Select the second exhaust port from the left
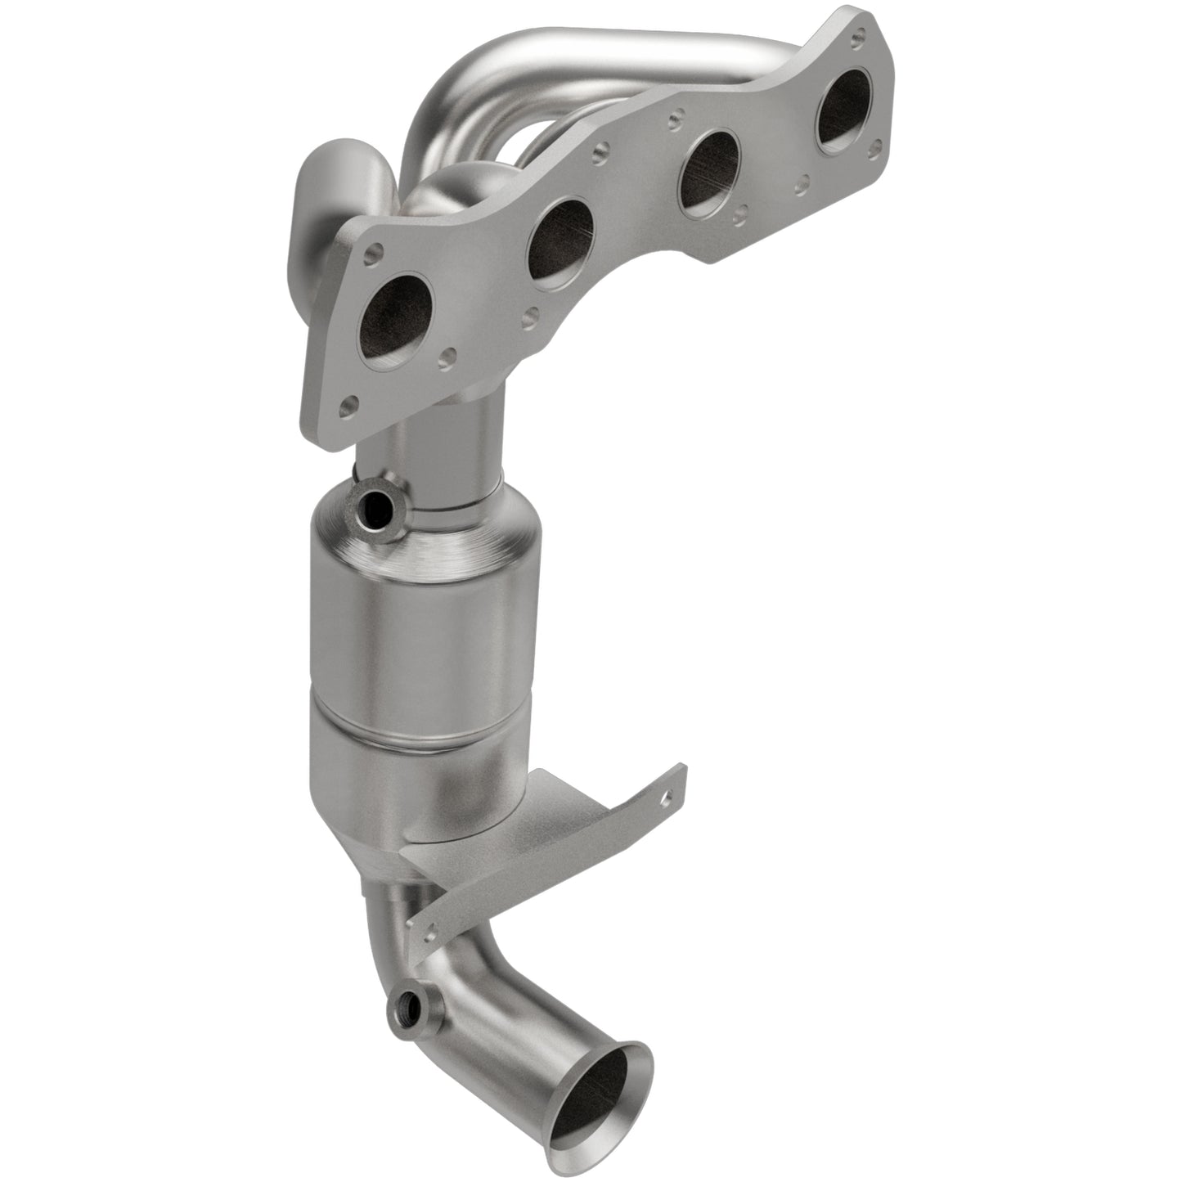tap(560, 246)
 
